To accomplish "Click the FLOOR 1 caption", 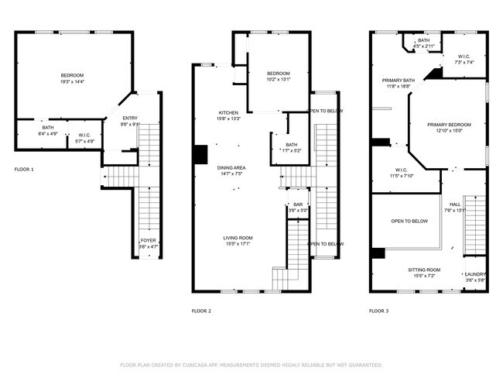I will (x=24, y=169).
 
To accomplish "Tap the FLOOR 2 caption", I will (x=201, y=311).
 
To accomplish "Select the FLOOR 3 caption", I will (x=378, y=311).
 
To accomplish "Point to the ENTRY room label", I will (x=128, y=118).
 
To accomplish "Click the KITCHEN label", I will (x=228, y=113).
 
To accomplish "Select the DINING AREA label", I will (x=231, y=167).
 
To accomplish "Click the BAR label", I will (x=298, y=204).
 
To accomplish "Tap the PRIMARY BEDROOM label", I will (x=449, y=125).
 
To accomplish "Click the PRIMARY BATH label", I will (x=398, y=81).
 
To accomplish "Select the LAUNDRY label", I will (x=474, y=274).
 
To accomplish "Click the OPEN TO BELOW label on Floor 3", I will (x=409, y=222).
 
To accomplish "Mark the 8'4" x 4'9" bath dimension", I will (x=48, y=133).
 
